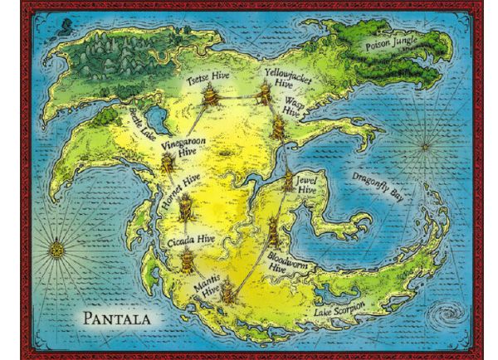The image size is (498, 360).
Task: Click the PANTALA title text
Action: pos(120,318)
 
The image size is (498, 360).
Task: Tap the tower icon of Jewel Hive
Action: pos(288,182)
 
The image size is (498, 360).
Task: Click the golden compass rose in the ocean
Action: pos(56,247)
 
